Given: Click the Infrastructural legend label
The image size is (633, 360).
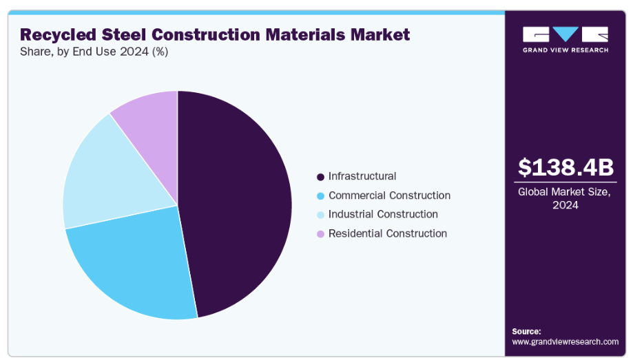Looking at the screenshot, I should [362, 176].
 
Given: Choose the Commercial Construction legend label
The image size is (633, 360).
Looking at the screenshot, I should [389, 195].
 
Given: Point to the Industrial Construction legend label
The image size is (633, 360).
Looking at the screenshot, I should [383, 214].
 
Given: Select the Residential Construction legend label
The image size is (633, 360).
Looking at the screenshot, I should [388, 233].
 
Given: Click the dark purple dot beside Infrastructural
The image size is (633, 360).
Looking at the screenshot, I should [320, 177].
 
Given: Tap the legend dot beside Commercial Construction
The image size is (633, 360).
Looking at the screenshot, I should [320, 196].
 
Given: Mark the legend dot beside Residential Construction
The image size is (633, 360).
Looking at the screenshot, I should [320, 234].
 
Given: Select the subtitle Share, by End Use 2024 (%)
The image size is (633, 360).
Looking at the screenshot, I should [94, 51].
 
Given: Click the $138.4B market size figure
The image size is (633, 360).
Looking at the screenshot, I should [565, 167].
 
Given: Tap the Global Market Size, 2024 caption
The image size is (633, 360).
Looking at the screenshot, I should [565, 198].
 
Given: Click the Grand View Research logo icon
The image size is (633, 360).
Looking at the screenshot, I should [565, 34].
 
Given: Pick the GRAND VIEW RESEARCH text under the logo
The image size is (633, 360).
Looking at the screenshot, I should [565, 50].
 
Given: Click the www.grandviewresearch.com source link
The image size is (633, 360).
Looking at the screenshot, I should [565, 341].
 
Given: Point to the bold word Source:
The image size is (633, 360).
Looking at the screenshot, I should [526, 331].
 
